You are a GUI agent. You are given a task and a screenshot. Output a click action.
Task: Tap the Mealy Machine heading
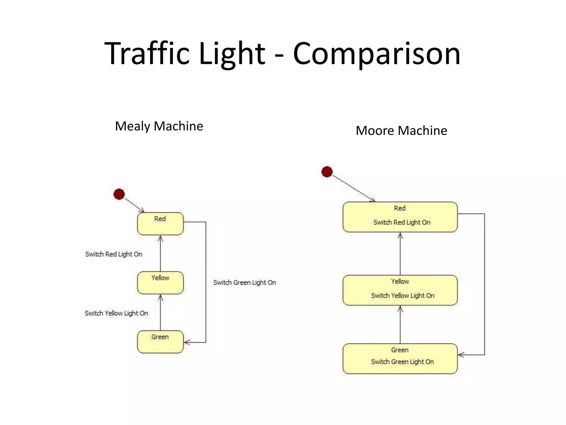click(x=159, y=126)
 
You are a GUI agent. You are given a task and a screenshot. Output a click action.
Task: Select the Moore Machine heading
click(x=401, y=131)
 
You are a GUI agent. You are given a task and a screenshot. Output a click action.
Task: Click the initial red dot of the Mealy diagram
click(x=119, y=194)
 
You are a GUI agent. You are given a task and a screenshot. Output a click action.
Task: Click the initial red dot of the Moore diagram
click(x=327, y=172)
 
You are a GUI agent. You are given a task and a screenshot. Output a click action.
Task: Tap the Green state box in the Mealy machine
click(x=160, y=342)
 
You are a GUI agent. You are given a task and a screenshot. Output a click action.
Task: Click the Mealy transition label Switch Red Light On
click(x=114, y=254)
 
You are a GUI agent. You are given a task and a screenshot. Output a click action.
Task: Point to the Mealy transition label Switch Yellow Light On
click(x=116, y=313)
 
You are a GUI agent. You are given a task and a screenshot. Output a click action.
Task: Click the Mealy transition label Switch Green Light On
click(x=245, y=283)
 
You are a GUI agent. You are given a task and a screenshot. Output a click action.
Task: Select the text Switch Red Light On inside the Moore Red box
click(x=402, y=222)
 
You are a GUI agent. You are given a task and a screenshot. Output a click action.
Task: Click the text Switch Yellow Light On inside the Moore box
click(x=403, y=296)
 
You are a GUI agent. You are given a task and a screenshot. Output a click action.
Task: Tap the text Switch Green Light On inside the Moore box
click(x=402, y=362)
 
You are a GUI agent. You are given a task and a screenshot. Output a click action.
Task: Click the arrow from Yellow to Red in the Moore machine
click(x=400, y=255)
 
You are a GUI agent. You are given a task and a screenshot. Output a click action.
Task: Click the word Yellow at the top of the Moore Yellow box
click(x=400, y=281)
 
